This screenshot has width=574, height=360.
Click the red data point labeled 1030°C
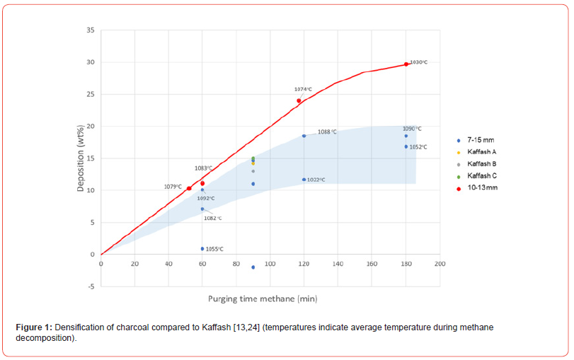(x=406, y=64)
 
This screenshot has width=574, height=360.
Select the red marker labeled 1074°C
(x=299, y=100)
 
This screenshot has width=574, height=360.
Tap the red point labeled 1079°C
(x=189, y=188)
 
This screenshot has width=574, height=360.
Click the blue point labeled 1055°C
(x=202, y=249)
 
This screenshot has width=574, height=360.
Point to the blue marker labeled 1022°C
(x=304, y=180)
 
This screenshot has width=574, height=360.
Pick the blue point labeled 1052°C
(x=406, y=146)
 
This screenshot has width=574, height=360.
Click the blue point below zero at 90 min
(x=253, y=267)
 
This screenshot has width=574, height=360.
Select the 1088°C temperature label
(x=327, y=132)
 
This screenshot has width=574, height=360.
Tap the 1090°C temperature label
(x=412, y=129)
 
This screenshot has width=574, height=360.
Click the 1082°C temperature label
(x=212, y=219)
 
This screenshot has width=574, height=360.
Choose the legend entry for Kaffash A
(x=481, y=151)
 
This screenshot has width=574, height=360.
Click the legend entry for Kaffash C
(x=481, y=175)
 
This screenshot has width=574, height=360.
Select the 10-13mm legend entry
(x=482, y=188)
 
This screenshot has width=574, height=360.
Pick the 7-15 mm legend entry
(x=479, y=140)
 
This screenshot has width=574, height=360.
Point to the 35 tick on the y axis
(x=91, y=30)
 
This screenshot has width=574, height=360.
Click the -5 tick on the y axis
(x=91, y=286)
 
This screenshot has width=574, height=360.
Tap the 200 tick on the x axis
(x=440, y=264)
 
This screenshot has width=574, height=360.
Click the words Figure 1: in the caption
(x=33, y=327)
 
